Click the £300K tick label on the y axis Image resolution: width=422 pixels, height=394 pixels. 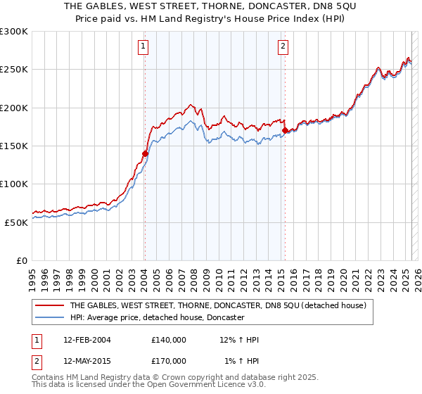click(x=14, y=32)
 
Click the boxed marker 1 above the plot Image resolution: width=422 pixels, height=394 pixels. click(x=143, y=47)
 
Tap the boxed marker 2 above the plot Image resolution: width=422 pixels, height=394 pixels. click(x=283, y=47)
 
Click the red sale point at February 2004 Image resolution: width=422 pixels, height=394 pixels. click(x=145, y=153)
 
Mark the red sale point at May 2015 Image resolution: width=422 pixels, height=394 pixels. click(x=285, y=131)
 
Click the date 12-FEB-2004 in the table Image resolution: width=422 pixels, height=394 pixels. click(x=87, y=341)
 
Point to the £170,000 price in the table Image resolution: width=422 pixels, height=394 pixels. click(x=168, y=361)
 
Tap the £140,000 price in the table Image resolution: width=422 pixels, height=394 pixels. click(x=168, y=341)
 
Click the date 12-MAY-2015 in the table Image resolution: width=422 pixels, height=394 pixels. click(x=87, y=361)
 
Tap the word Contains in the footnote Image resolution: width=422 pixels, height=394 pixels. click(x=50, y=376)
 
